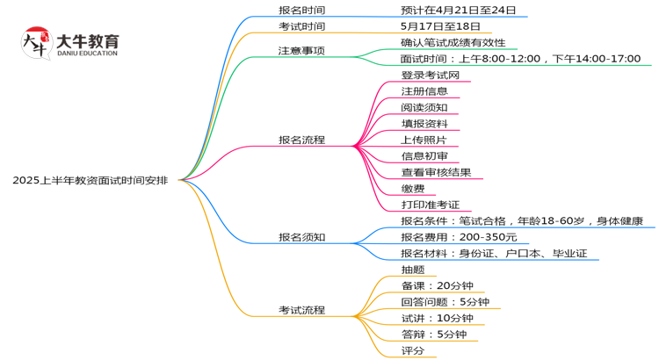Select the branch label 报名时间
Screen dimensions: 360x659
pyautogui.click(x=301, y=11)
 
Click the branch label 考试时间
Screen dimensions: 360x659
pyautogui.click(x=301, y=26)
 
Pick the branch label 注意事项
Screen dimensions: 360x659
pyautogui.click(x=301, y=51)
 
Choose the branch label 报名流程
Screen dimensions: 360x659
pyautogui.click(x=301, y=140)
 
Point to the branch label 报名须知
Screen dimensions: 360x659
pyautogui.click(x=301, y=237)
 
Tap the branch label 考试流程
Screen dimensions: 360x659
pyautogui.click(x=301, y=310)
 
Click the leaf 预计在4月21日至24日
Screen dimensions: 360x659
pyautogui.click(x=458, y=11)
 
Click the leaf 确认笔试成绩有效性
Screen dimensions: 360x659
pyautogui.click(x=453, y=42)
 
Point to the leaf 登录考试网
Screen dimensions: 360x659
pyautogui.click(x=430, y=76)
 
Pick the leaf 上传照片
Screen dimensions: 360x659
pyautogui.click(x=424, y=140)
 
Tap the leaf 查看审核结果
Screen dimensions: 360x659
pyautogui.click(x=436, y=172)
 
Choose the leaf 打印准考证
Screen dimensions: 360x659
pyautogui.click(x=430, y=205)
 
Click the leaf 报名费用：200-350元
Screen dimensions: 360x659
pyautogui.click(x=459, y=237)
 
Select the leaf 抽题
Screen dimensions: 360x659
pyautogui.click(x=412, y=270)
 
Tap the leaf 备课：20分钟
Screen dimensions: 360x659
pyautogui.click(x=437, y=285)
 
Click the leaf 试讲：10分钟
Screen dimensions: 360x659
pyautogui.click(x=437, y=318)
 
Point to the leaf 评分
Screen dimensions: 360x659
pyautogui.click(x=412, y=350)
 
